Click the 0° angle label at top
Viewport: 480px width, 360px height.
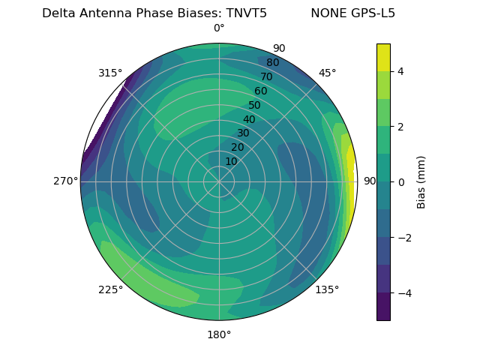(219, 28)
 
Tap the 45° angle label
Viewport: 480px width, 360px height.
(328, 73)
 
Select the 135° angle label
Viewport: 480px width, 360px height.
(327, 289)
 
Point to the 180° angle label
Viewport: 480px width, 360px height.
(219, 334)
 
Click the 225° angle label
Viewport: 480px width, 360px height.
(110, 290)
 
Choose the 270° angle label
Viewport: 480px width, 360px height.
(66, 181)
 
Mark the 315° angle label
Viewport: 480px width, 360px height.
(110, 73)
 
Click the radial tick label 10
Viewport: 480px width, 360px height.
(231, 161)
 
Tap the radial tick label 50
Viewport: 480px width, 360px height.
(255, 105)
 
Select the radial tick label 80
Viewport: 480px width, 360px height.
(272, 63)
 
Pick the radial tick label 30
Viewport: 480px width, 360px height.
(243, 133)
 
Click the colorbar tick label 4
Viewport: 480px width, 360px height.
(400, 71)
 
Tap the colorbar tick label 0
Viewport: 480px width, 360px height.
(400, 182)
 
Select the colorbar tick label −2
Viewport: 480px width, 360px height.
(403, 238)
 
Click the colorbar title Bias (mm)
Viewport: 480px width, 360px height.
(421, 182)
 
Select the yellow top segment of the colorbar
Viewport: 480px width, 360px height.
(383, 58)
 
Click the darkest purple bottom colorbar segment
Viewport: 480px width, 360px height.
(383, 307)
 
